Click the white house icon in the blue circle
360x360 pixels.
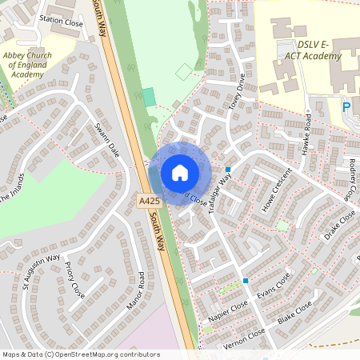click(x=180, y=173)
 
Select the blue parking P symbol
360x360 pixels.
click(x=346, y=106)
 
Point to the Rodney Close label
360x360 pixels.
click(x=352, y=181)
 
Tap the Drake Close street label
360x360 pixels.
click(x=339, y=226)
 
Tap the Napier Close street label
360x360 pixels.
click(x=228, y=311)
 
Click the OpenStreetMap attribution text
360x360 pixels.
click(x=81, y=354)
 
